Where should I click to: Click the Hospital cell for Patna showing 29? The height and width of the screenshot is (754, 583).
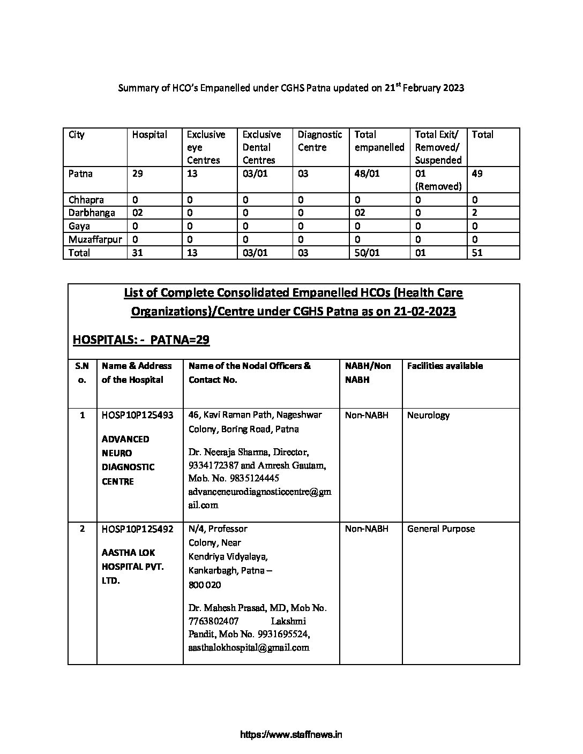138,174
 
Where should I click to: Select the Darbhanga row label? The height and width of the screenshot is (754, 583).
92,213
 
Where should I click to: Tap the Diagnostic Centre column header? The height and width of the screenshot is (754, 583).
319,141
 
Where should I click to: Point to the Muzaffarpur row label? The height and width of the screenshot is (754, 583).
95,239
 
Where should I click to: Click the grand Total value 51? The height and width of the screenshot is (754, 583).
477,253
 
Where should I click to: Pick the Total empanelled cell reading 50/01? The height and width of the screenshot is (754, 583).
367,253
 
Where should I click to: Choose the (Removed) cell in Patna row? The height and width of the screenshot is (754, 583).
438,186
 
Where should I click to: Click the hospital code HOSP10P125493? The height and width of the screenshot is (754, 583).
137,415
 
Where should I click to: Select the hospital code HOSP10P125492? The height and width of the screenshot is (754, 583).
137,529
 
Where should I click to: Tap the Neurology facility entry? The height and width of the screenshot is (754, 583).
428,415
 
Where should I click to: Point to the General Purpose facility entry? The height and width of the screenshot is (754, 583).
441,529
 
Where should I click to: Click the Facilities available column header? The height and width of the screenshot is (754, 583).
445,366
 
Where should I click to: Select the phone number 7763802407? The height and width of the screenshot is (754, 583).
213,621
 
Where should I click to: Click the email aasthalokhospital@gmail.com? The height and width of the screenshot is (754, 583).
249,647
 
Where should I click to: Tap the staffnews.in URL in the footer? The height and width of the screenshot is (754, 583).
291,734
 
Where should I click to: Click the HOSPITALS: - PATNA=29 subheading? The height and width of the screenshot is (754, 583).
141,340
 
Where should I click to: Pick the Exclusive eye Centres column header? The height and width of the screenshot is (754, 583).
206,147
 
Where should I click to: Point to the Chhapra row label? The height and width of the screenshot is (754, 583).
86,200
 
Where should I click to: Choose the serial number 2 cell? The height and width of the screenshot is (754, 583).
82,529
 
